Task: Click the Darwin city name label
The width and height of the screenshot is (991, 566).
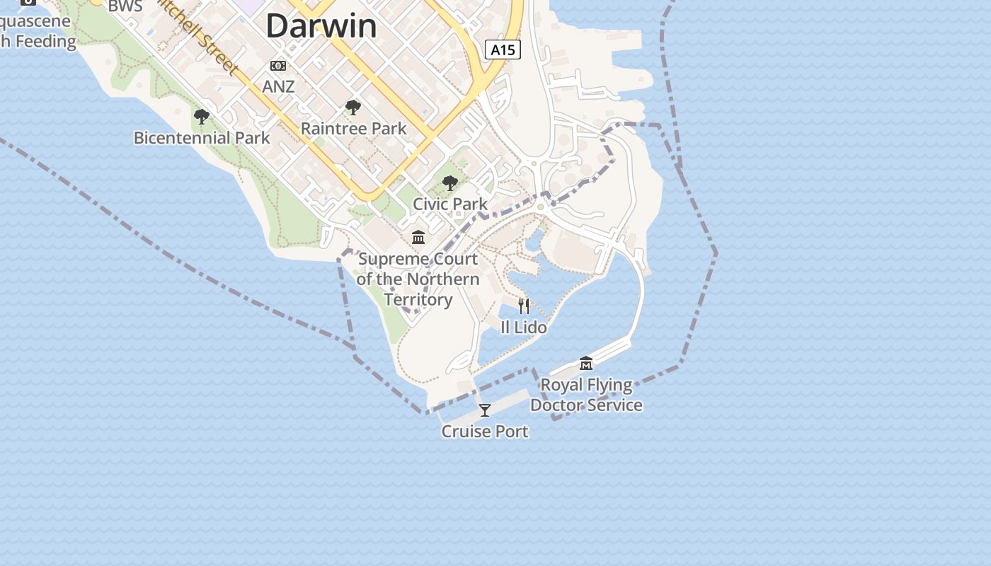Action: (x=321, y=26)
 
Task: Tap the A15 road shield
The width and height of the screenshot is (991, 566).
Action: (x=503, y=50)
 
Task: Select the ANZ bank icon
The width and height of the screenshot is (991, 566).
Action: (x=278, y=66)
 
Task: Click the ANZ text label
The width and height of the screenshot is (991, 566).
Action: (x=278, y=86)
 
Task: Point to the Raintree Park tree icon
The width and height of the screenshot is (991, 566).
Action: (x=353, y=108)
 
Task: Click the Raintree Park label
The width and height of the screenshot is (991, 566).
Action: (x=353, y=129)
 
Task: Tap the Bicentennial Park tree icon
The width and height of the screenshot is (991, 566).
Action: (x=202, y=117)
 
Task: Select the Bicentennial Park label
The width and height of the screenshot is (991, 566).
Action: (x=202, y=137)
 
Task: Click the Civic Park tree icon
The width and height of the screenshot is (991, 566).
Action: (x=450, y=184)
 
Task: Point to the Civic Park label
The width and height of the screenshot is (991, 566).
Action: (x=450, y=204)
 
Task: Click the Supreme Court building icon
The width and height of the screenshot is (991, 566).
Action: (x=418, y=238)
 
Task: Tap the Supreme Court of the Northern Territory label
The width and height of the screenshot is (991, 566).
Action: (x=418, y=279)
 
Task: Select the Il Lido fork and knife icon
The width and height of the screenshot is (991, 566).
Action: (x=524, y=306)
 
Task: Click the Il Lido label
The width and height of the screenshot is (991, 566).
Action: (x=524, y=327)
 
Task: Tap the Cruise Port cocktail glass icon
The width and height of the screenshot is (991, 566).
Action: (x=485, y=410)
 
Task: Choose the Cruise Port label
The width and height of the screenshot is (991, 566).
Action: (x=485, y=431)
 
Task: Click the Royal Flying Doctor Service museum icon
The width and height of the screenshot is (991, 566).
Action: (x=586, y=364)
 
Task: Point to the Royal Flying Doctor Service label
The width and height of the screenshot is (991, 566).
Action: (x=586, y=395)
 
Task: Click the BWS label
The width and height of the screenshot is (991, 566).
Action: (x=125, y=7)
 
